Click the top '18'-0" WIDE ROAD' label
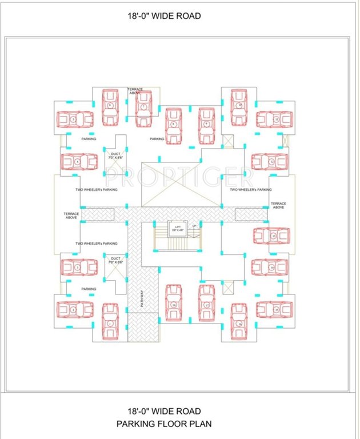click(x=165, y=17)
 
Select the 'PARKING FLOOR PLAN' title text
click(x=165, y=424)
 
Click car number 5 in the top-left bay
click(x=74, y=119)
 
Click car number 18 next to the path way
click(x=174, y=303)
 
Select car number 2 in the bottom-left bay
click(x=74, y=309)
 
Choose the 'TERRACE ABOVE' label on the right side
click(x=278, y=205)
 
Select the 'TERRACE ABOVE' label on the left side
click(x=71, y=215)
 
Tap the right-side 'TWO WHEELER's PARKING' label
click(x=251, y=189)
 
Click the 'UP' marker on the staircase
click(x=194, y=226)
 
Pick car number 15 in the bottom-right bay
click(x=275, y=309)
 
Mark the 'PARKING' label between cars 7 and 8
click(x=157, y=139)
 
